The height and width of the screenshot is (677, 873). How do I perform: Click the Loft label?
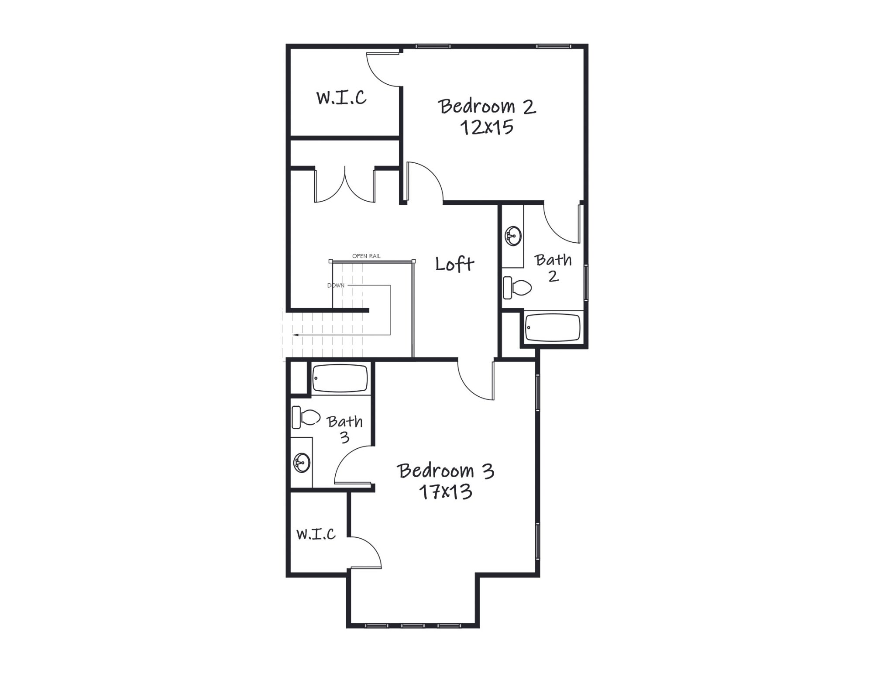coord(454,264)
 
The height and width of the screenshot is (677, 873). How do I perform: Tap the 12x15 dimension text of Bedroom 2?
coord(486,127)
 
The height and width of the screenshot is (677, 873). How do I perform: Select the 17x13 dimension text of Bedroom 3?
coord(445,492)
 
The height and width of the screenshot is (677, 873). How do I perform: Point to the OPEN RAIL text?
coord(366,256)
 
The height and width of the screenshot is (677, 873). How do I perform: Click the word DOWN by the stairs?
coord(336,286)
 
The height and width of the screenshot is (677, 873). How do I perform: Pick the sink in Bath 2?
coord(513,236)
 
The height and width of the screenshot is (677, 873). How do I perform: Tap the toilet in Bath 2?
coord(517,288)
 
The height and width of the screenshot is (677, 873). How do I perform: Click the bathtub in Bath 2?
coord(553,327)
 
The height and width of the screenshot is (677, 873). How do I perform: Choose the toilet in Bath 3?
coord(306,417)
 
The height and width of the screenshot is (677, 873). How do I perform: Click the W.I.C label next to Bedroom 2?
coord(341,97)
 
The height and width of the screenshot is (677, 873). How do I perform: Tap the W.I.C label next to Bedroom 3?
coord(316,534)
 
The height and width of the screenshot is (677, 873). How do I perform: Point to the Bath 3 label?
coord(345,429)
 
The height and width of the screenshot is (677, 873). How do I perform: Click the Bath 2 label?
coord(553,268)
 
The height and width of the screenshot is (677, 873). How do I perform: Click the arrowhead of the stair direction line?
coord(296,335)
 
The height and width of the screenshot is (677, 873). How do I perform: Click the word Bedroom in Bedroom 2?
coord(477,107)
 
